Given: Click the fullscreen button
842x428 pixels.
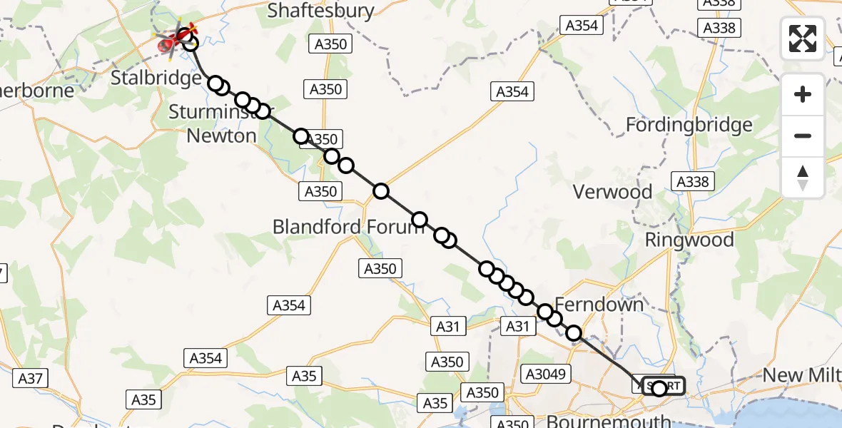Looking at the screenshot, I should [x=803, y=38].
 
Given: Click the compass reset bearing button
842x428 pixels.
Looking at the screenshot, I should [x=803, y=178].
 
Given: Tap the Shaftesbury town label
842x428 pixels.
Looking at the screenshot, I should [x=320, y=10].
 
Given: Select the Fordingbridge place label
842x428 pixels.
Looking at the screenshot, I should [x=689, y=125].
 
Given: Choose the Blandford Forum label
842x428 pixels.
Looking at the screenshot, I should [x=348, y=227].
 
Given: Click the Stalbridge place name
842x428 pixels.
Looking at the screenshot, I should [x=156, y=77].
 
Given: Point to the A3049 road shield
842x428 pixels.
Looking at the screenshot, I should [x=546, y=373].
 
